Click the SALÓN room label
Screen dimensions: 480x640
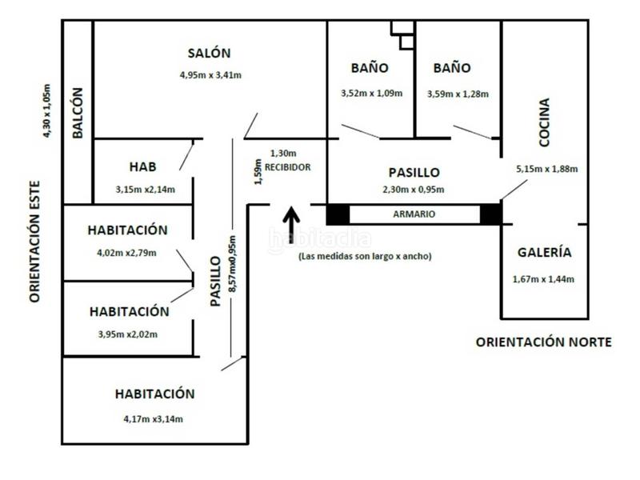(209, 54)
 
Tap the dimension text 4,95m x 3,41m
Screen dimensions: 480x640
(210, 75)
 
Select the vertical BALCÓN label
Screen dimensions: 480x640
(78, 114)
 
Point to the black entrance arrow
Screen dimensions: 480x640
(291, 226)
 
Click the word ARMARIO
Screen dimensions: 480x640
(414, 214)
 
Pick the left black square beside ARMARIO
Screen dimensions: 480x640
(338, 214)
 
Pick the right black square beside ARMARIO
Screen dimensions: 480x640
(490, 214)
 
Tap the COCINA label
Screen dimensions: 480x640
(544, 123)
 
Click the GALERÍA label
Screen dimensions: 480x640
(544, 252)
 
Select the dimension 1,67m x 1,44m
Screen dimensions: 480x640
(544, 279)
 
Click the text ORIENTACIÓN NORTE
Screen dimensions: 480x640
(544, 342)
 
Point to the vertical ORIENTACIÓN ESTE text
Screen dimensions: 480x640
(34, 240)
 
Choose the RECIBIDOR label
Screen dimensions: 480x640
(287, 167)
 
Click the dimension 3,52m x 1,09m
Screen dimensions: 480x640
(371, 94)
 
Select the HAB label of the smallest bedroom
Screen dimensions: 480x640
(142, 167)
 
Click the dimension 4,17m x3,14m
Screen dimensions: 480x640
(154, 418)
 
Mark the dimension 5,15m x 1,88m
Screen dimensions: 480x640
(547, 169)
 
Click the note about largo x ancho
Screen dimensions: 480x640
(364, 257)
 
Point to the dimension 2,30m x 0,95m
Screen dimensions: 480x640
(414, 190)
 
